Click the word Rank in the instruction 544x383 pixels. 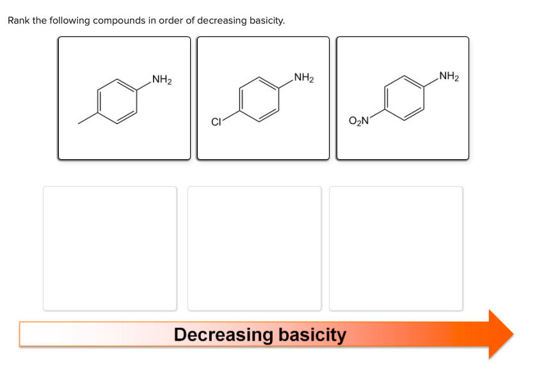[19, 20]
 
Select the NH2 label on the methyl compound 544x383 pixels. [161, 80]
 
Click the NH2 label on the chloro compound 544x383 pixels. [303, 79]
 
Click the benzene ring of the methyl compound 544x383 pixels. [117, 100]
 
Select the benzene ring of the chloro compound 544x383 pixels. [259, 99]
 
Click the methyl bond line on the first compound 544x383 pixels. [88, 120]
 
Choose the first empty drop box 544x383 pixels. [109, 248]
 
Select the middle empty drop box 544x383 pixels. [254, 248]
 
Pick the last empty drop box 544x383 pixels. [396, 248]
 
